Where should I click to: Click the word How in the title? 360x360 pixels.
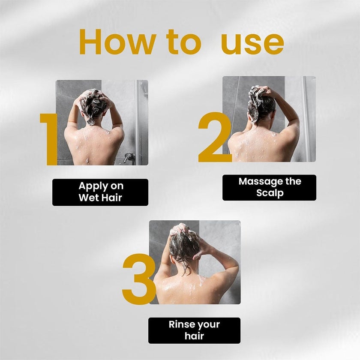(x=116, y=42)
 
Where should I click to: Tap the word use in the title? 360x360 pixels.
(x=252, y=42)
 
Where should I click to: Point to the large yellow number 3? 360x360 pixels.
(x=138, y=279)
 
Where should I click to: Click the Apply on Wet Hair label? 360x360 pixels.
(x=100, y=192)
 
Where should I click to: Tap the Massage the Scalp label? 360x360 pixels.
(x=269, y=187)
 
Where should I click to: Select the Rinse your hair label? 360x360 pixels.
(x=194, y=330)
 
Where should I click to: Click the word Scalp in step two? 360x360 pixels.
(x=270, y=193)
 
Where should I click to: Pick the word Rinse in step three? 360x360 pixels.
(x=181, y=324)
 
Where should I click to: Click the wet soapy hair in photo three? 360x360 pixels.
(x=183, y=244)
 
